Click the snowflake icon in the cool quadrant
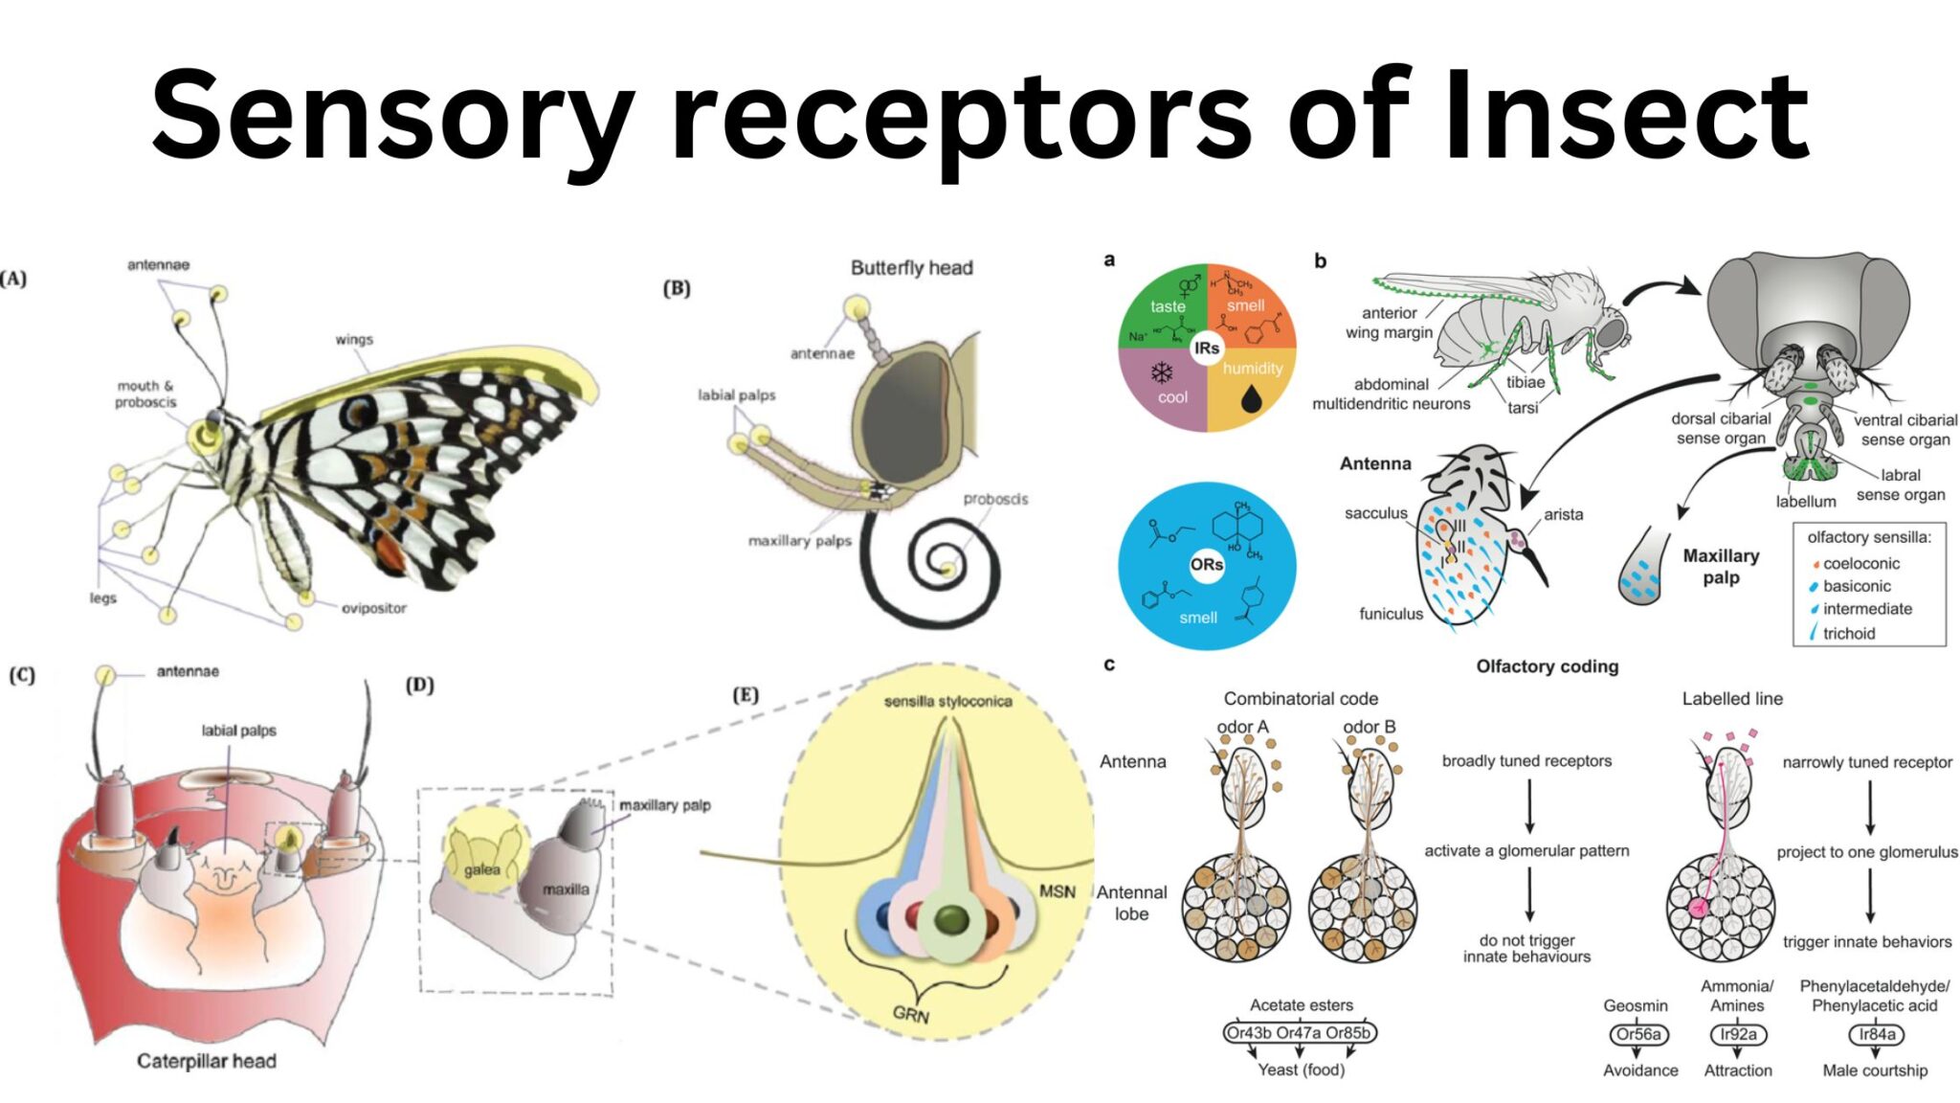1162,372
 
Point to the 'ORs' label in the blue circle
1207,565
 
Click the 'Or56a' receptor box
1639,1034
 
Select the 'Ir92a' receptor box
1738,1034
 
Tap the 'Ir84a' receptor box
1876,1034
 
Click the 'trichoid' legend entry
1848,633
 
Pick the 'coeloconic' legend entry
1860,563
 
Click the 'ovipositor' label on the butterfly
373,608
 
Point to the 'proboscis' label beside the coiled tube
995,499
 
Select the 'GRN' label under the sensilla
910,1014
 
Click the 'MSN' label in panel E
1057,891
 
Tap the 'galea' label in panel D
482,869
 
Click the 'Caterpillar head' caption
207,1061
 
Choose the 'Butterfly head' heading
911,268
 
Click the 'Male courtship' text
1875,1070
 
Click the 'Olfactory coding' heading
1547,666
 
